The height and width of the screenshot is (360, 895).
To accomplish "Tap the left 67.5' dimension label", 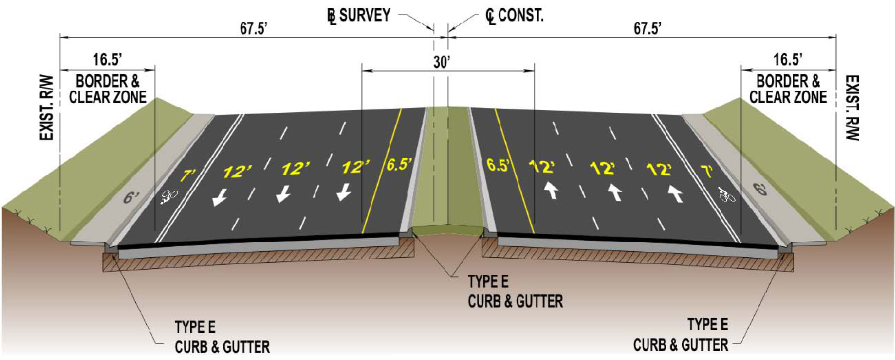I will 254,28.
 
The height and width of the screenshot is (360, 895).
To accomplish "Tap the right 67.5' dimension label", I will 647,28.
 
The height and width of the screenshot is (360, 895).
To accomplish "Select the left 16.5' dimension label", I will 107,60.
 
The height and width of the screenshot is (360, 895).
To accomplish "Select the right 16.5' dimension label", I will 788,60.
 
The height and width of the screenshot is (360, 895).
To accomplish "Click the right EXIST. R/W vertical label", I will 852,108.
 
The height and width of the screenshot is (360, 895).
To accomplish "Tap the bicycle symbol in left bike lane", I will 169,197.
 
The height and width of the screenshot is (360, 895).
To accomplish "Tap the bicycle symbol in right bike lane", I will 727,195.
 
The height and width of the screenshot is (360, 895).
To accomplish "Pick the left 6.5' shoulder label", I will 399,164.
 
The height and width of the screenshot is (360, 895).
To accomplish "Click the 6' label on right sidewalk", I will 760,188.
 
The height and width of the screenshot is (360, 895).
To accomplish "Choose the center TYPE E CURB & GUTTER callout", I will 515,292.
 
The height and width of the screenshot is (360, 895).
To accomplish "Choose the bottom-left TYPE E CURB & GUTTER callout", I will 222,337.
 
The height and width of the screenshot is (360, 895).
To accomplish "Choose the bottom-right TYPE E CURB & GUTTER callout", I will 680,335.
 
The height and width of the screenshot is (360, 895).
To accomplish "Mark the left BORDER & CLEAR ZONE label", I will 107,89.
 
